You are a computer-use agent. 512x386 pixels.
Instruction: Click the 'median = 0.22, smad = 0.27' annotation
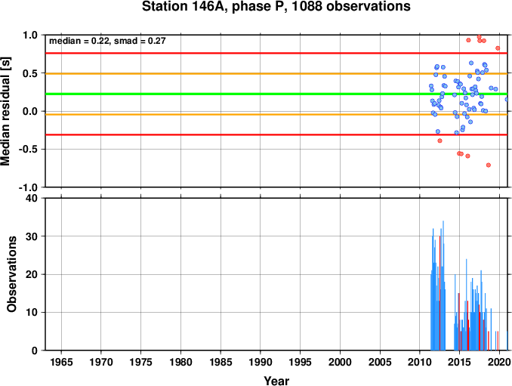pyautogui.click(x=107, y=41)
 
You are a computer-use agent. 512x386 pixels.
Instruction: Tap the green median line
pyautogui.click(x=276, y=94)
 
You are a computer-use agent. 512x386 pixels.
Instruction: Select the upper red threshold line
pyautogui.click(x=276, y=53)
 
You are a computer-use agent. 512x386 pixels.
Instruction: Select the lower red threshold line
pyautogui.click(x=276, y=134)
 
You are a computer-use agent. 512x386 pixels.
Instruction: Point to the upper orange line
pyautogui.click(x=276, y=74)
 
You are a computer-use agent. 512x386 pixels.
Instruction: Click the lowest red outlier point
pyautogui.click(x=489, y=165)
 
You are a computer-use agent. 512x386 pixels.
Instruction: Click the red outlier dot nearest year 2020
pyautogui.click(x=498, y=48)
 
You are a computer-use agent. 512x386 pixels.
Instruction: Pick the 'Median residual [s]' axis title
pyautogui.click(x=5, y=111)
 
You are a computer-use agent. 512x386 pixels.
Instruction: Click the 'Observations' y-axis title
pyautogui.click(x=11, y=274)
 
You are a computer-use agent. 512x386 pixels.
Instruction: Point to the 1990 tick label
pyautogui.click(x=261, y=362)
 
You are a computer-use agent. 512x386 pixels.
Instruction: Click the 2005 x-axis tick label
pyautogui.click(x=380, y=362)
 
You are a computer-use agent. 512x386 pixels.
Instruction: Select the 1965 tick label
pyautogui.click(x=61, y=362)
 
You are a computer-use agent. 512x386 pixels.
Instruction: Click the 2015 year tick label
pyautogui.click(x=460, y=362)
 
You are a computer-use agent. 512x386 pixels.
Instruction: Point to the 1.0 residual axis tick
pyautogui.click(x=30, y=35)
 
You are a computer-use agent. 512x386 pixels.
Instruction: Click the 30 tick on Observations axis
pyautogui.click(x=32, y=236)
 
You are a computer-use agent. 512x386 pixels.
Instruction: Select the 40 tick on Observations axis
pyautogui.click(x=32, y=198)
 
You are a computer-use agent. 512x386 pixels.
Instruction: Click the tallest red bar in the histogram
pyautogui.click(x=440, y=293)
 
